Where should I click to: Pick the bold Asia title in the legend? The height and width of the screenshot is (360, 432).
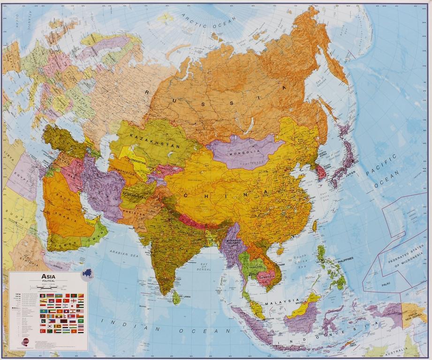coord(48,276)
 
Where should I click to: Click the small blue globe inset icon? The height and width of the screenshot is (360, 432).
coord(87,274)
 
